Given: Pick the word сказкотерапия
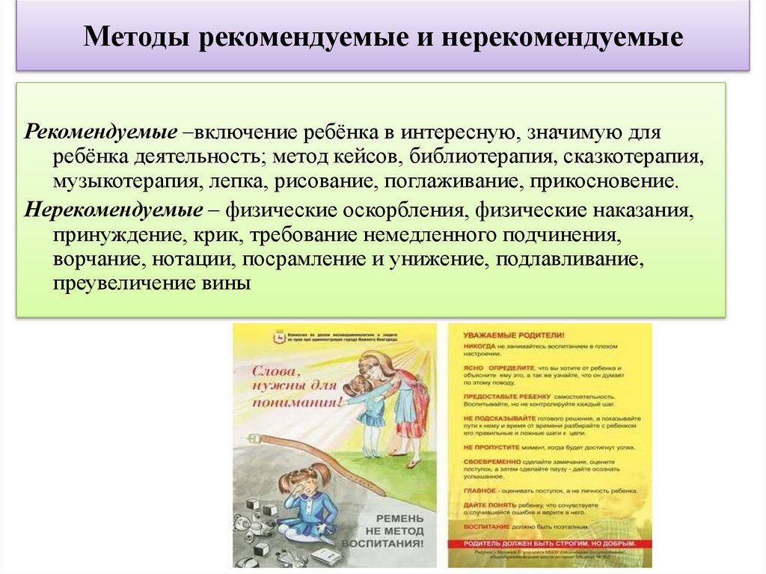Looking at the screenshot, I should (x=634, y=158).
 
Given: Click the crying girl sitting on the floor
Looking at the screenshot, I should (x=307, y=501).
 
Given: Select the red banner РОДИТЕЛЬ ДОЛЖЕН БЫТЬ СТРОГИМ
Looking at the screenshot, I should (x=549, y=543).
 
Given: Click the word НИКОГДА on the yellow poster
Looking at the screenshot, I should (x=478, y=348).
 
